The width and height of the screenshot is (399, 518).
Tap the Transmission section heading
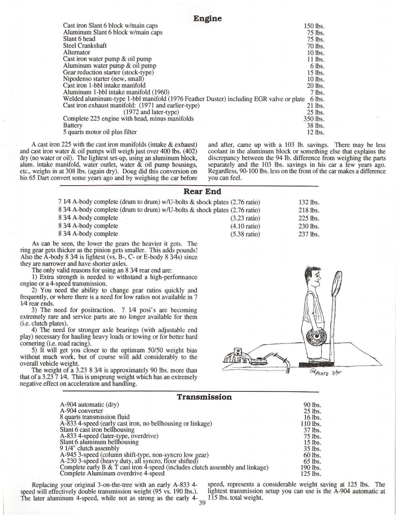pyautogui.click(x=204, y=397)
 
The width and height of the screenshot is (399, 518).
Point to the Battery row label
pyautogui.click(x=73, y=125)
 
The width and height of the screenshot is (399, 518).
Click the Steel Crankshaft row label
pyautogui.click(x=85, y=45)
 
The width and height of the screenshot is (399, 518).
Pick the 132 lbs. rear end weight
pyautogui.click(x=309, y=203)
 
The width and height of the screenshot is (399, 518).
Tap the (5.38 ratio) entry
pyautogui.click(x=245, y=234)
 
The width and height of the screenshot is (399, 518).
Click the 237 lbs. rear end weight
pyautogui.click(x=309, y=234)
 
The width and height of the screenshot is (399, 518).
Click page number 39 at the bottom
pyautogui.click(x=201, y=504)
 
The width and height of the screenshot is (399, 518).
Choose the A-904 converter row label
pyautogui.click(x=81, y=411)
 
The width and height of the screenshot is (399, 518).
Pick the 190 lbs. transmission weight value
pyautogui.click(x=311, y=467)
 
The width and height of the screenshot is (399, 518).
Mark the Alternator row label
pyautogui.click(x=77, y=52)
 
